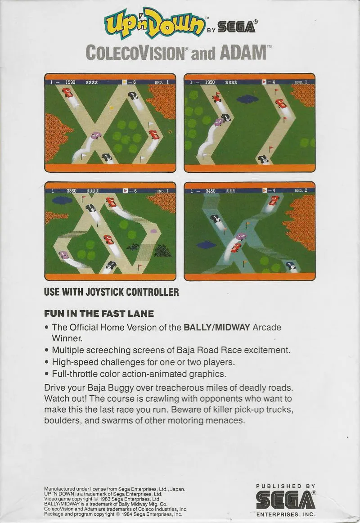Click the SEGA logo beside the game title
coord(237,26)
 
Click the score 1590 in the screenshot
coord(70,82)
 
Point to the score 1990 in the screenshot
coord(210,82)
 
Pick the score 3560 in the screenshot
coord(72,191)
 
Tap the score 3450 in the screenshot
coord(210,191)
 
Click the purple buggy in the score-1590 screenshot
coord(96,135)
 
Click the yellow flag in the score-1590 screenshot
coord(112,109)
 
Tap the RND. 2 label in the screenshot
coord(301,190)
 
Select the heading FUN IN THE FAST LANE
coord(99,314)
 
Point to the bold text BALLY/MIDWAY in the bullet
coord(216,327)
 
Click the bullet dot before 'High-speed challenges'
coord(47,363)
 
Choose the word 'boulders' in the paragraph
coord(63,420)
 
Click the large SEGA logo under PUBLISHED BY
coord(286,500)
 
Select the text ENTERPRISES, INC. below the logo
coord(286,514)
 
